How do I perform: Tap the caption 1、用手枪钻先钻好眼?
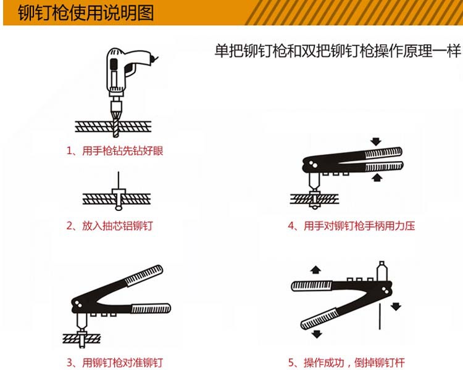click(115, 150)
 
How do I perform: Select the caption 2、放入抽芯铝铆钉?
click(109, 226)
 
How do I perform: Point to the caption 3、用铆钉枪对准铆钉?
click(115, 362)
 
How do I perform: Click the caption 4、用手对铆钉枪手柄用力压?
click(351, 226)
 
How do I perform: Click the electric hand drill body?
click(123, 68)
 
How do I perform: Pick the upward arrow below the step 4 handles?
click(376, 178)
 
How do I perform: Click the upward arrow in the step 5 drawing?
click(315, 269)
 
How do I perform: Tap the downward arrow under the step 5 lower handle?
click(317, 334)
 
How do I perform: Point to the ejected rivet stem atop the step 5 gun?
click(381, 271)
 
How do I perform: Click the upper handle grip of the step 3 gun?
click(143, 276)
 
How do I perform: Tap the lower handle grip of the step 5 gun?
click(321, 316)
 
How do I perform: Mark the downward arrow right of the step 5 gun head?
click(396, 305)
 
